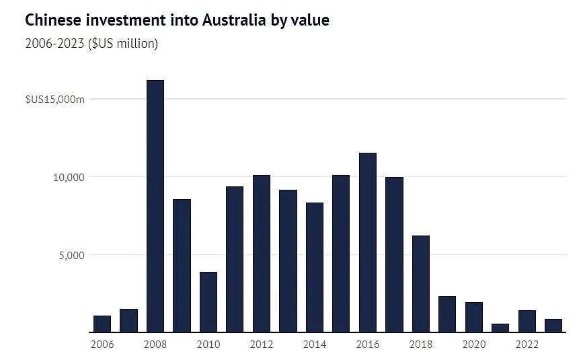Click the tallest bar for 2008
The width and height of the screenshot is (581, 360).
155,206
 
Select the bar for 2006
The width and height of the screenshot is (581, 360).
102,324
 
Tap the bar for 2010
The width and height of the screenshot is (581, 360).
208,301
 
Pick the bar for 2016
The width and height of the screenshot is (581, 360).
368,242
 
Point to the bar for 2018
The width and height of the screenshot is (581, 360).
421,283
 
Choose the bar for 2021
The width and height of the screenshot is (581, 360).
500,328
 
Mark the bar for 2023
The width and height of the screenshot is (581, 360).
553,326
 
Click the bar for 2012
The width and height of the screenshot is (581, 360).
262,253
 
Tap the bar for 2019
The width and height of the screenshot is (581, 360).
447,314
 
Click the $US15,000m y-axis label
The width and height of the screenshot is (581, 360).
55,100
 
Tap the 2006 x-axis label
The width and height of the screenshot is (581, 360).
102,345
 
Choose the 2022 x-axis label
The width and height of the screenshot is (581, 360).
527,345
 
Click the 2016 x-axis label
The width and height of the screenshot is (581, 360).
368,345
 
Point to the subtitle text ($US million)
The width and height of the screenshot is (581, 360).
123,44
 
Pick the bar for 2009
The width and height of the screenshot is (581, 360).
182,265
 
